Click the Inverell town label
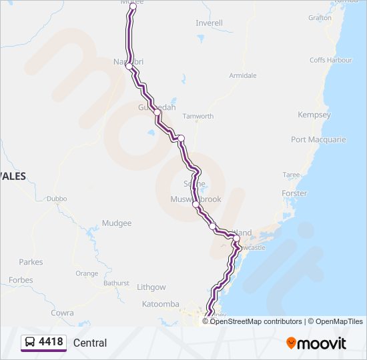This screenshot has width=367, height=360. pyautogui.click(x=209, y=23)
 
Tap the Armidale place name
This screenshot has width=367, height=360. pyautogui.click(x=243, y=75)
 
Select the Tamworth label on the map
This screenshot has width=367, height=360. pyautogui.click(x=198, y=116)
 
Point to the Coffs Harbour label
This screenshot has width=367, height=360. pyautogui.click(x=330, y=60)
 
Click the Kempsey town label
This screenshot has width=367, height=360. pyautogui.click(x=314, y=115)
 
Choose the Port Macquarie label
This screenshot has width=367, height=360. pyautogui.click(x=318, y=140)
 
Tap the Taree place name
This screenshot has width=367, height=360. pyautogui.click(x=291, y=175)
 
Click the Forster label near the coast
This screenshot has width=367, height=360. pyautogui.click(x=294, y=193)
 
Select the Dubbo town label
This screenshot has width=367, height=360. pyautogui.click(x=57, y=199)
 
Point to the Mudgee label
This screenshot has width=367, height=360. pyautogui.click(x=117, y=223)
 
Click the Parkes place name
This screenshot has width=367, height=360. pyautogui.click(x=31, y=262)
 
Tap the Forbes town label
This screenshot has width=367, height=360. pyautogui.click(x=21, y=280)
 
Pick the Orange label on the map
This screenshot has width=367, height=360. pyautogui.click(x=86, y=273)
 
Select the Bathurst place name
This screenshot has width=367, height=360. pyautogui.click(x=116, y=283)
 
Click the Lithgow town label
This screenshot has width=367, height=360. pyautogui.click(x=151, y=287)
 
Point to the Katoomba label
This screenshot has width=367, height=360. pyautogui.click(x=161, y=304)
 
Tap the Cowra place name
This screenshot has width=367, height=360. pyautogui.click(x=62, y=313)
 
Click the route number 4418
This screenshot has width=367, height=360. pyautogui.click(x=51, y=343)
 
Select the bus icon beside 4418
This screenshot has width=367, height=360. pyautogui.click(x=30, y=343)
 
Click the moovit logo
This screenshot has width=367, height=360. pyautogui.click(x=316, y=343)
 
